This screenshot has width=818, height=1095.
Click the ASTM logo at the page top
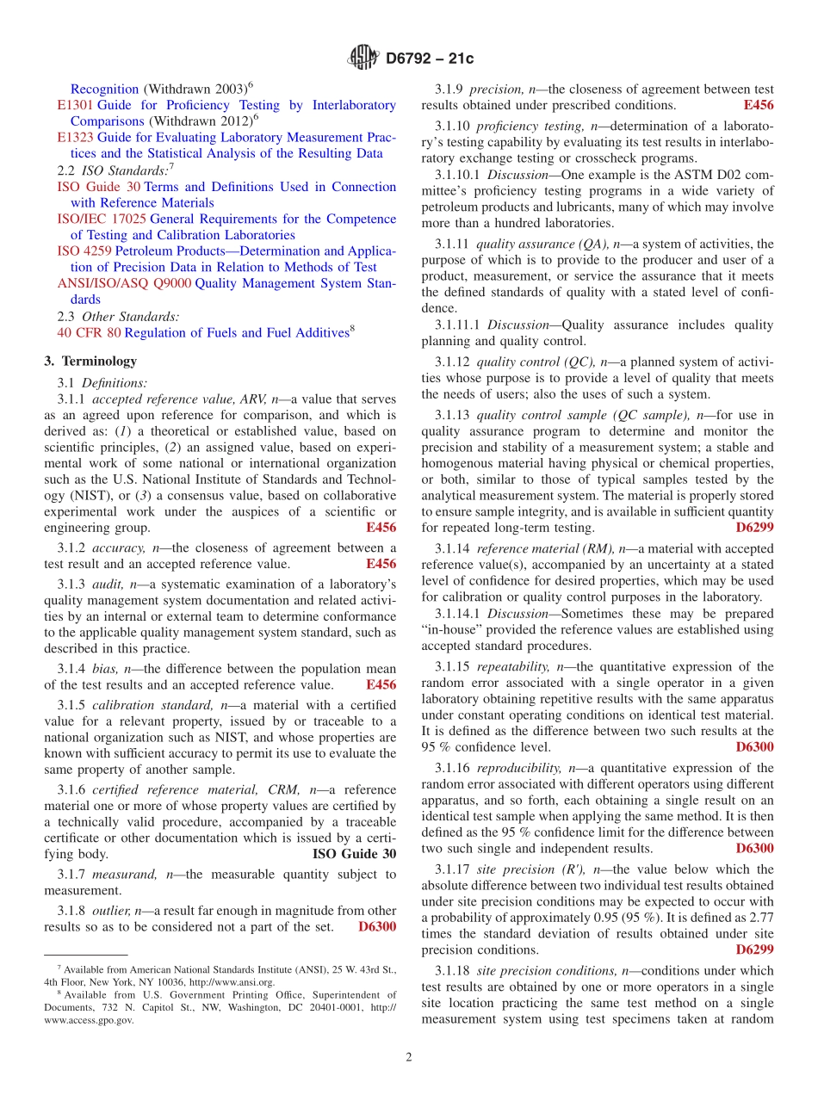click(363, 59)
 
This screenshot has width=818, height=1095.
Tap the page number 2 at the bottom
click(409, 1057)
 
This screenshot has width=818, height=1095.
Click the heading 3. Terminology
click(90, 362)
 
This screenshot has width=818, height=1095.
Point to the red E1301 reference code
click(75, 105)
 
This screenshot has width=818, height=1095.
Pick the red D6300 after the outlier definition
click(377, 927)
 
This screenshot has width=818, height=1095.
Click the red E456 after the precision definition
click(758, 105)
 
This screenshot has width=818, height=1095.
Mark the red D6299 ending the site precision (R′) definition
click(754, 950)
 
